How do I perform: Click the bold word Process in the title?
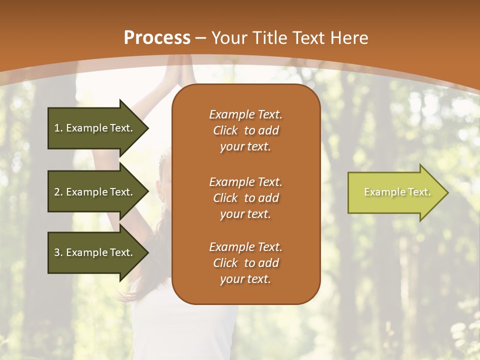(157, 38)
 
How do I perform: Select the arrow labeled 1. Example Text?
(95, 128)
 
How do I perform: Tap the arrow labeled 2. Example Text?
(95, 192)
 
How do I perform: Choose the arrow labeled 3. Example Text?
(95, 252)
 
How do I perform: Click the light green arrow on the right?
(395, 192)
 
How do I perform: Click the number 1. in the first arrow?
(58, 128)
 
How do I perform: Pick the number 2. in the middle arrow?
(58, 192)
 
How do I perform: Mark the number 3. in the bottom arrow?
(58, 252)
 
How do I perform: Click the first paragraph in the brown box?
(245, 130)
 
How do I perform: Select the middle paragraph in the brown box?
(245, 198)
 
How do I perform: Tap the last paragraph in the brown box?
(245, 263)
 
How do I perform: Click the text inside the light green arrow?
(397, 192)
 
